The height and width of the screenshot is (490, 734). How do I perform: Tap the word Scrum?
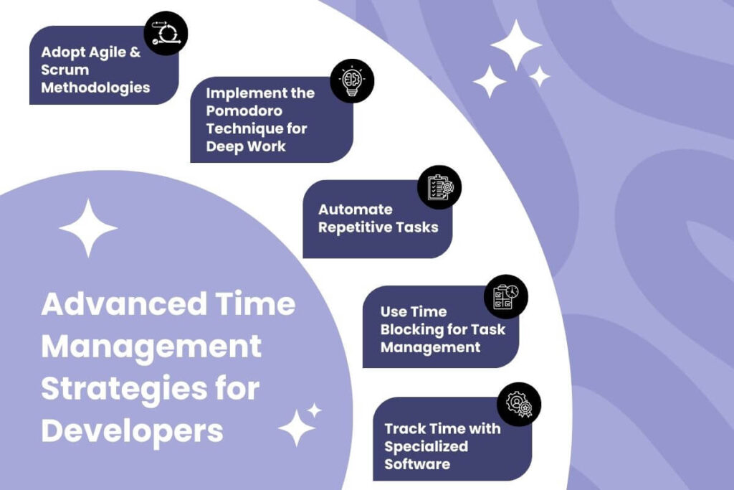tap(65, 70)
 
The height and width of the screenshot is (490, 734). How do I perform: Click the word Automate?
tap(356, 209)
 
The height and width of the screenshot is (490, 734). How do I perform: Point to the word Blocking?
tap(413, 329)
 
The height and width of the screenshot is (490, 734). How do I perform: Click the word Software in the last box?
tap(417, 464)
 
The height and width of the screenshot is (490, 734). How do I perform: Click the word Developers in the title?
tap(132, 432)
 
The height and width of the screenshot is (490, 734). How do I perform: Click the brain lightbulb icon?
tap(352, 80)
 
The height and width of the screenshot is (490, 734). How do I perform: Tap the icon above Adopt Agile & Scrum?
tap(166, 33)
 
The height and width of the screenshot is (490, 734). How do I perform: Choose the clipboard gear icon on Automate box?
tap(439, 187)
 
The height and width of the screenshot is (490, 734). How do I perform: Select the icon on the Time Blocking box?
tap(506, 296)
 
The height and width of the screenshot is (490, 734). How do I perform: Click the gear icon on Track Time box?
tap(519, 404)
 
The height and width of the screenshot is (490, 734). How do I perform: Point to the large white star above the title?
tap(88, 228)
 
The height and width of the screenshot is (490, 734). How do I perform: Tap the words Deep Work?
tap(246, 146)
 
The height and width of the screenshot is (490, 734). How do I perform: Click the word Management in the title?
tap(151, 347)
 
